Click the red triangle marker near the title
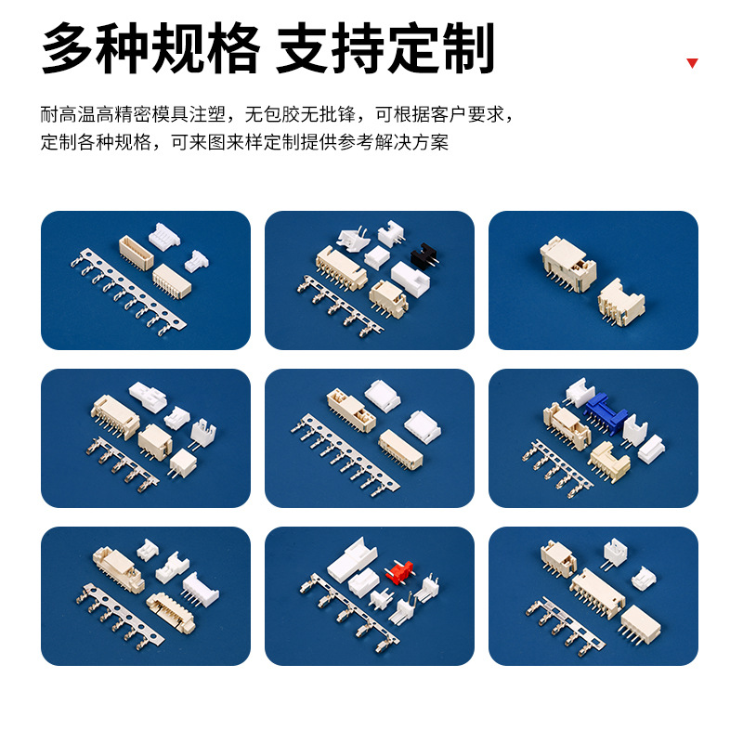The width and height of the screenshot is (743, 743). tap(692, 63)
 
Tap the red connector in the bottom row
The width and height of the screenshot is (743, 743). tap(401, 572)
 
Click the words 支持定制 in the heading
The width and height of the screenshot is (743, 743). tap(385, 48)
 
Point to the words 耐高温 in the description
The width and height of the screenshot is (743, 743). tap(72, 115)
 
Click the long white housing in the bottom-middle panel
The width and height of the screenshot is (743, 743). tap(354, 563)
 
